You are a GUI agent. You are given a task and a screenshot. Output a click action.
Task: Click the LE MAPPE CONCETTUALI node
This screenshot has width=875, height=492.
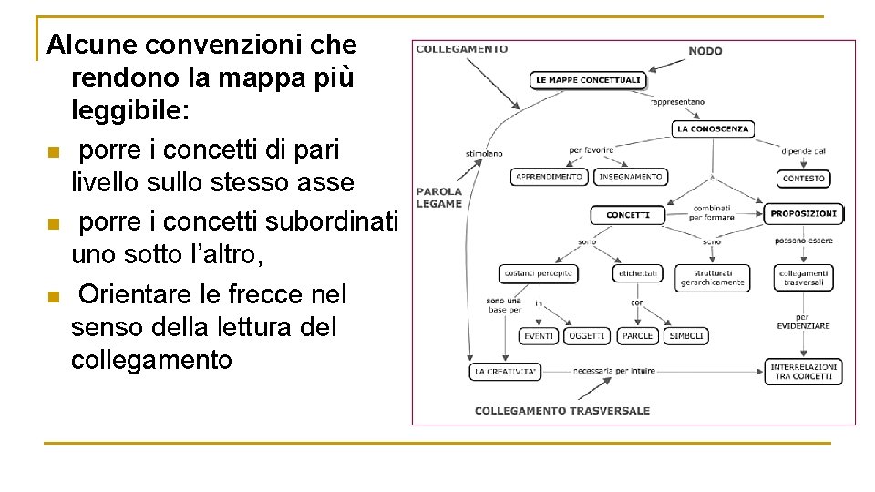pyautogui.click(x=588, y=80)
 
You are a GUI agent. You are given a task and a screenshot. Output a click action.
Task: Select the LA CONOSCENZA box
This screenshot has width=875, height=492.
pyautogui.click(x=713, y=129)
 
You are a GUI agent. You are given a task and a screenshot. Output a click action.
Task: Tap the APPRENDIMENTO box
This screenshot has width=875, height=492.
pyautogui.click(x=549, y=177)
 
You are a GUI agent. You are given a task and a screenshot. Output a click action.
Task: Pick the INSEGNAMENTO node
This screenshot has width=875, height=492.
pyautogui.click(x=631, y=177)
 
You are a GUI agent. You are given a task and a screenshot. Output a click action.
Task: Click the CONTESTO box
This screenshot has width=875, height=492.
pyautogui.click(x=803, y=179)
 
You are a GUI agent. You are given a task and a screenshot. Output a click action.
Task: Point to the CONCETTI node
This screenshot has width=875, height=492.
pyautogui.click(x=628, y=215)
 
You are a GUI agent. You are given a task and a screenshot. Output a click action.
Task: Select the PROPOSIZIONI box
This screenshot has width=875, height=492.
pyautogui.click(x=803, y=214)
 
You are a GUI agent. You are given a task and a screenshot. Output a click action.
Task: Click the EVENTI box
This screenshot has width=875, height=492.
pyautogui.click(x=539, y=336)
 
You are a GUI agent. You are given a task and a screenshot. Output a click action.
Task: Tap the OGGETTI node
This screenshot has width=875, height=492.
pyautogui.click(x=587, y=336)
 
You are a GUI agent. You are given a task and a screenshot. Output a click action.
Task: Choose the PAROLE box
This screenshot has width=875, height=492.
pyautogui.click(x=637, y=336)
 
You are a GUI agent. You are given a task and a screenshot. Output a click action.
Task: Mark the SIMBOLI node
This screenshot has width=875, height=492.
pyautogui.click(x=686, y=336)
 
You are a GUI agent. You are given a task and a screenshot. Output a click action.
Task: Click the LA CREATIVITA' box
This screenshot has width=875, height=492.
pyautogui.click(x=506, y=372)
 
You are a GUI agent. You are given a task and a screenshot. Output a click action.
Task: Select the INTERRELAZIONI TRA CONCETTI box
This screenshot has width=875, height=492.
pyautogui.click(x=803, y=372)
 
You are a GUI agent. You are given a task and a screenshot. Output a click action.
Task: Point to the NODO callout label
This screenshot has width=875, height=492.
pyautogui.click(x=705, y=51)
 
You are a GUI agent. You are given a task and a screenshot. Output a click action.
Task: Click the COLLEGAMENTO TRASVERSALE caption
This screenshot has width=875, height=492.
pyautogui.click(x=562, y=411)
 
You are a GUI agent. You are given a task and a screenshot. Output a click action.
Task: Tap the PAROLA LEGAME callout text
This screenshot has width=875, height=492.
pyautogui.click(x=438, y=198)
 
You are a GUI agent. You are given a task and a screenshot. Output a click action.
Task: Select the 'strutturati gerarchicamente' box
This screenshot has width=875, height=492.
pyautogui.click(x=712, y=278)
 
